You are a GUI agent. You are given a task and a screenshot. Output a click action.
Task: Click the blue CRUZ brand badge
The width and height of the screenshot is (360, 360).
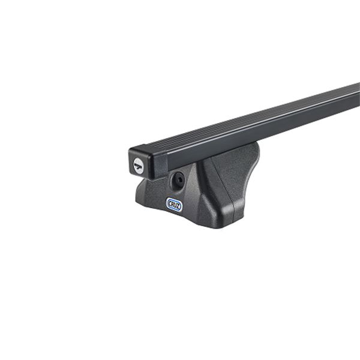click(x=174, y=203)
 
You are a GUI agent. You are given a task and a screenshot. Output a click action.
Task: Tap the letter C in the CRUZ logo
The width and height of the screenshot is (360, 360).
click(x=170, y=204)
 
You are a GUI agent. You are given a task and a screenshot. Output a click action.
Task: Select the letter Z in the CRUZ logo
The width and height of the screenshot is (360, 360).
click(x=178, y=203)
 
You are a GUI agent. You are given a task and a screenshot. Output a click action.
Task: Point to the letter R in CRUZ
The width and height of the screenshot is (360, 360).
click(x=172, y=203)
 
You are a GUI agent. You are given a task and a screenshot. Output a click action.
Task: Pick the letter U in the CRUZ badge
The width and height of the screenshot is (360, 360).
click(x=175, y=203)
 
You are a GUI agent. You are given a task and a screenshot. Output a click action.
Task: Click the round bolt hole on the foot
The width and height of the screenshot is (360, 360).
click(x=178, y=179)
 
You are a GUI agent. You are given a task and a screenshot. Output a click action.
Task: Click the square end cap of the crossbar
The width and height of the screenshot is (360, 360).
click(x=139, y=162)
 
